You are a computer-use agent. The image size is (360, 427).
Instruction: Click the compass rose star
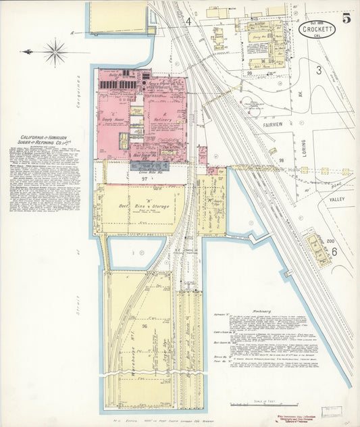[55, 51]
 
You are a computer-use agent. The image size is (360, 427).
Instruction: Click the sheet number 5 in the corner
[346, 18]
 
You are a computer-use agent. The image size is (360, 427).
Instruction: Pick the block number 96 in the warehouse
[143, 345]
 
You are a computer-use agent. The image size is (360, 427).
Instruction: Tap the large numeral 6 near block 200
[334, 251]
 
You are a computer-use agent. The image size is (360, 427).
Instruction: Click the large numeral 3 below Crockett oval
[318, 70]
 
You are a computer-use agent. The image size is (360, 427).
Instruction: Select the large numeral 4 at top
[189, 21]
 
